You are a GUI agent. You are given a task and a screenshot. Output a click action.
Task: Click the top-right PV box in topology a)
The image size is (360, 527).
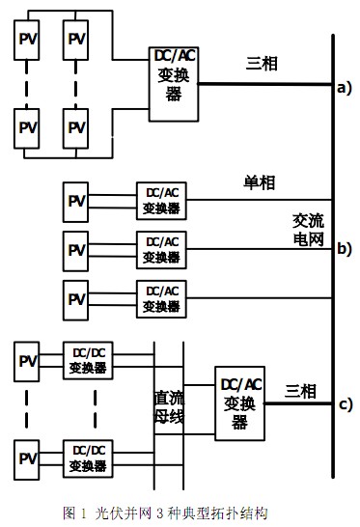[77, 41]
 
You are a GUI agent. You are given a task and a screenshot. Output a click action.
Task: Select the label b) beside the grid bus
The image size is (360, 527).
[345, 249]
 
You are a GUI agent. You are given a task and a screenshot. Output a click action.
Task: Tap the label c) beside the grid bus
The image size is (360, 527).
[345, 403]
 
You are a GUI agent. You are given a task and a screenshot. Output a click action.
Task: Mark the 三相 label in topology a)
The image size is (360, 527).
[263, 64]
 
